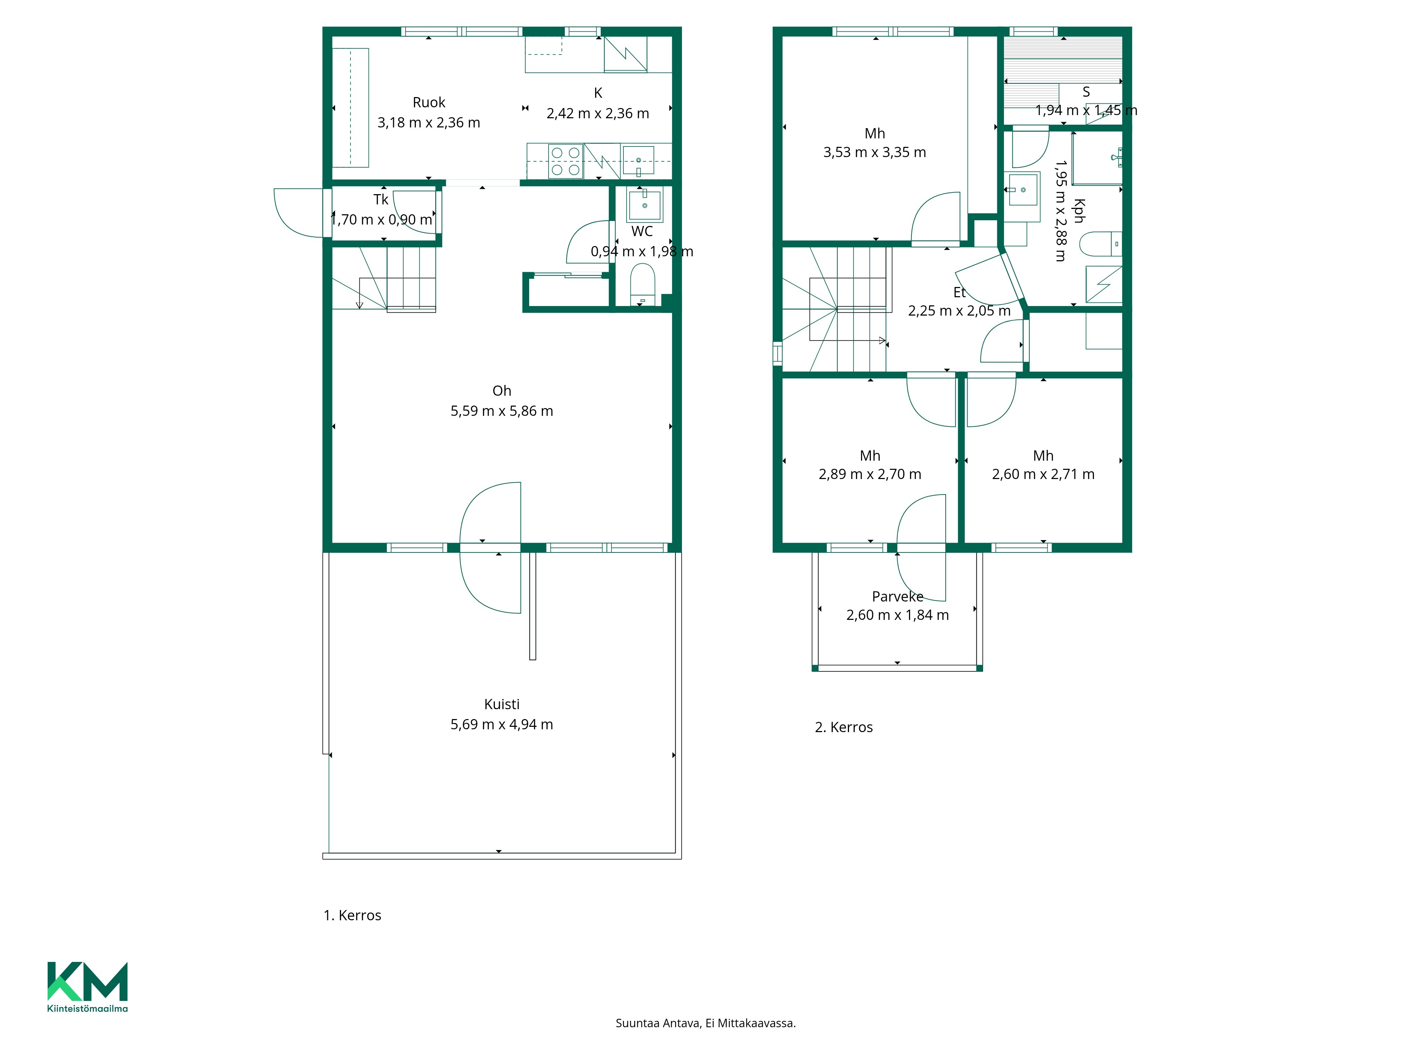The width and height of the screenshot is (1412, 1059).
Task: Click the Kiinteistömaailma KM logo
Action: pos(88,986)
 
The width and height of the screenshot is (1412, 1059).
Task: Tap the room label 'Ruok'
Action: pos(429,102)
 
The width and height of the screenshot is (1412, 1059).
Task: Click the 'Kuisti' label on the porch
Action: pos(502,704)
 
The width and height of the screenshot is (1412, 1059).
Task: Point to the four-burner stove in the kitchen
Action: pos(566,161)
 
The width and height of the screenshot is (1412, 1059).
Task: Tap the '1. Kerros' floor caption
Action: pos(352,915)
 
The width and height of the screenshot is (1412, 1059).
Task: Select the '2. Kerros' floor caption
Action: pos(844,727)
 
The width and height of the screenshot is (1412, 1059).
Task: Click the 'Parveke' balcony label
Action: pos(897,596)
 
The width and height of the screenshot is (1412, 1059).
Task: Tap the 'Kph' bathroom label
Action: pos(1079,211)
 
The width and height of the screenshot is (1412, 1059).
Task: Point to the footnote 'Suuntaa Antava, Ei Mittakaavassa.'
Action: pos(705,1023)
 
